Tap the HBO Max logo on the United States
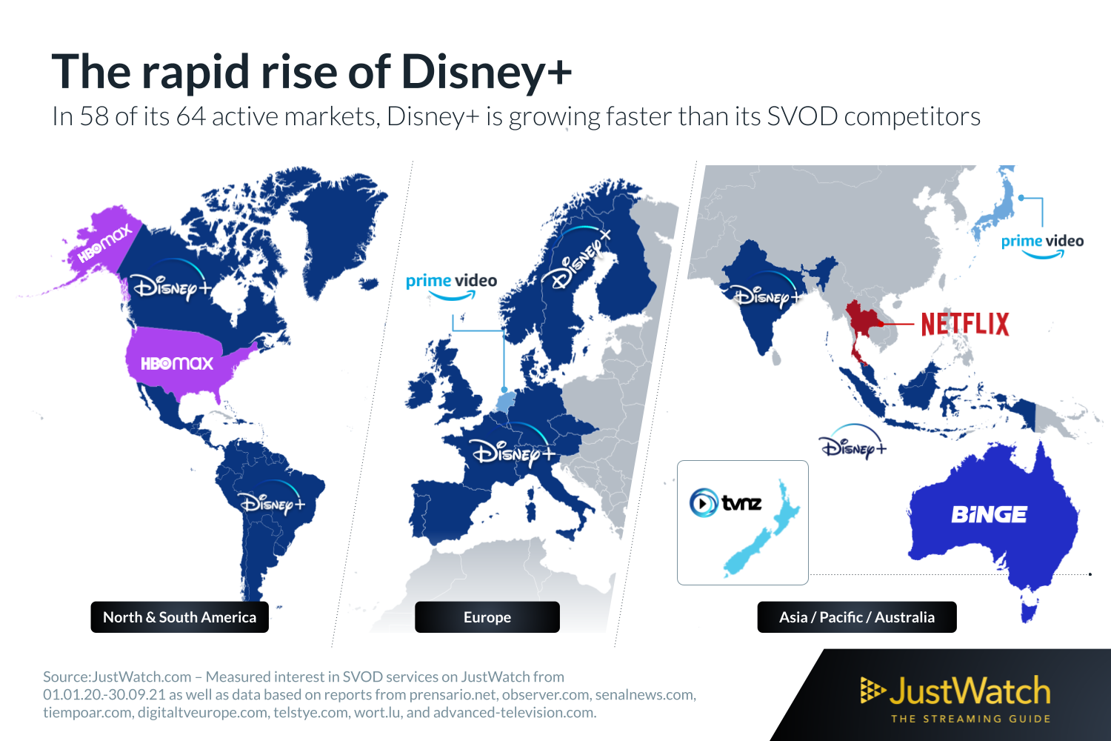pyautogui.click(x=177, y=363)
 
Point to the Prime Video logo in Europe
pyautogui.click(x=451, y=286)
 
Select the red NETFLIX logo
pyautogui.click(x=965, y=324)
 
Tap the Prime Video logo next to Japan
pyautogui.click(x=1042, y=245)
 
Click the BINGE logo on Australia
pyautogui.click(x=989, y=514)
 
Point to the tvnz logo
pyautogui.click(x=726, y=502)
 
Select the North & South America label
pyautogui.click(x=179, y=617)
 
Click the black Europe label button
pyautogui.click(x=487, y=617)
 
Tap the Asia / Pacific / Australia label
pyautogui.click(x=856, y=617)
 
